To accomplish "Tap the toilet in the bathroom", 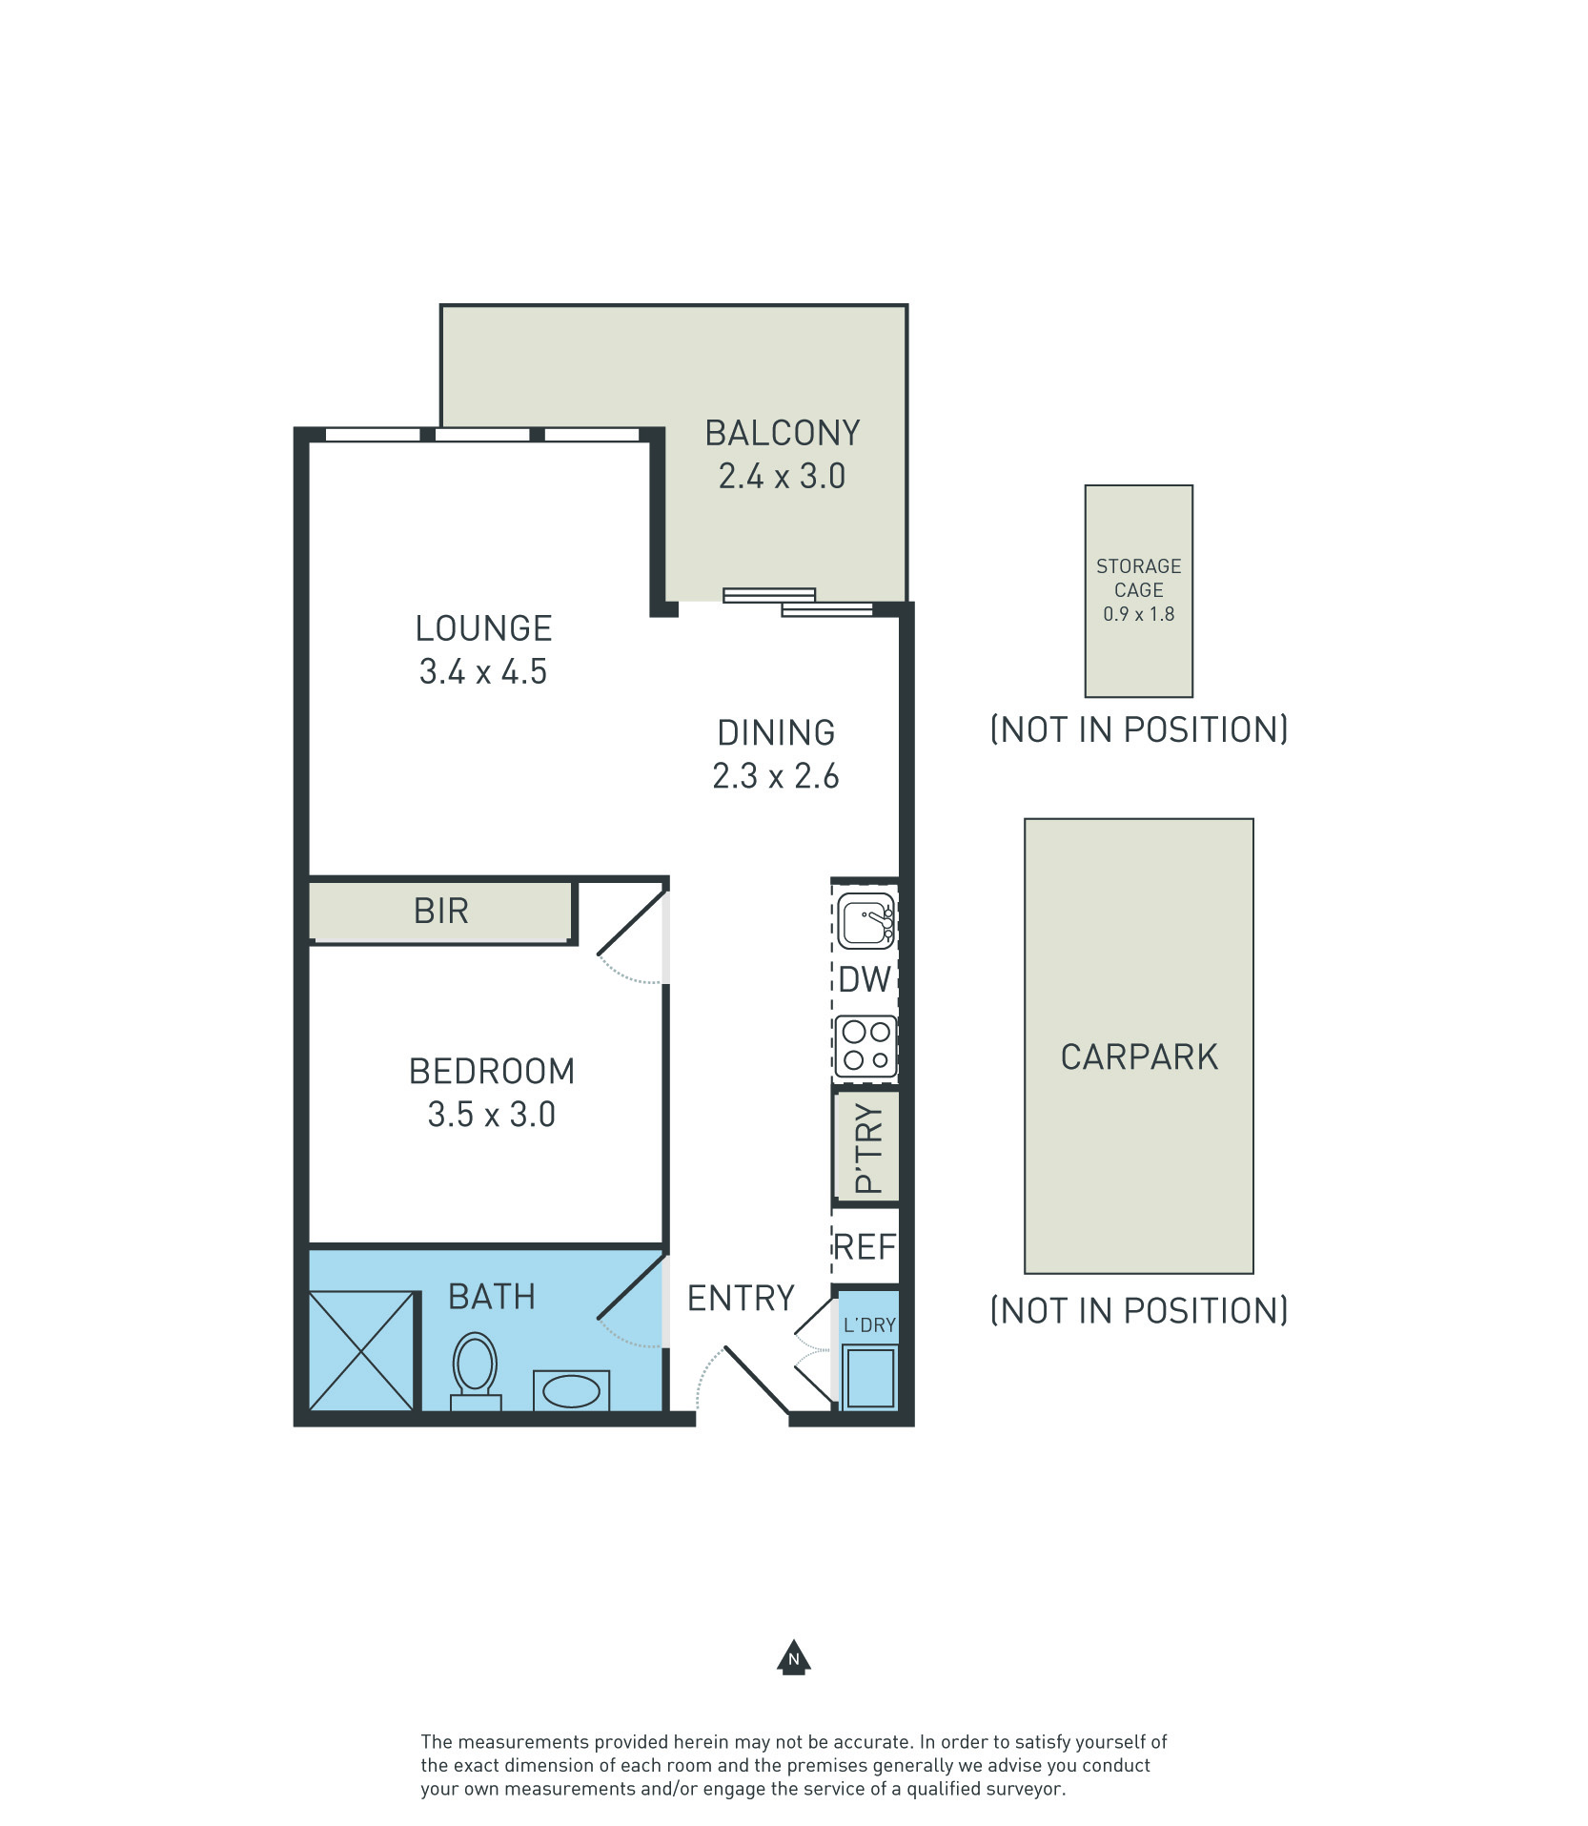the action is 476,1372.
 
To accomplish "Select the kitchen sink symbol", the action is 866,920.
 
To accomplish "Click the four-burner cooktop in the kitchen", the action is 865,1046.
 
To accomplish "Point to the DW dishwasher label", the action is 864,979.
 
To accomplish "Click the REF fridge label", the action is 865,1247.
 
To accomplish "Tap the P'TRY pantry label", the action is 868,1148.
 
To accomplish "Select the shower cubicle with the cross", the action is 362,1350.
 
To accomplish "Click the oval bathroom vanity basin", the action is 571,1391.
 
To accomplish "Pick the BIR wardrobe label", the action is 441,911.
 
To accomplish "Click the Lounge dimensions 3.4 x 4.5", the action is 483,671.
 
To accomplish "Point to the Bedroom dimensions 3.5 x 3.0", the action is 491,1114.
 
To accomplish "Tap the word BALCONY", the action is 783,433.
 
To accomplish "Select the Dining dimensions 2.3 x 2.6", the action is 776,775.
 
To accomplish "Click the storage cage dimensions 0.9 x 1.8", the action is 1139,614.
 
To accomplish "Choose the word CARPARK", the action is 1139,1057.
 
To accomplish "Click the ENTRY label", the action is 741,1298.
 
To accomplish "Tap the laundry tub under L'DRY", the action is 870,1376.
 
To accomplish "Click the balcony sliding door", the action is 798,603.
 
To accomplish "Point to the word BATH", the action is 492,1297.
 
